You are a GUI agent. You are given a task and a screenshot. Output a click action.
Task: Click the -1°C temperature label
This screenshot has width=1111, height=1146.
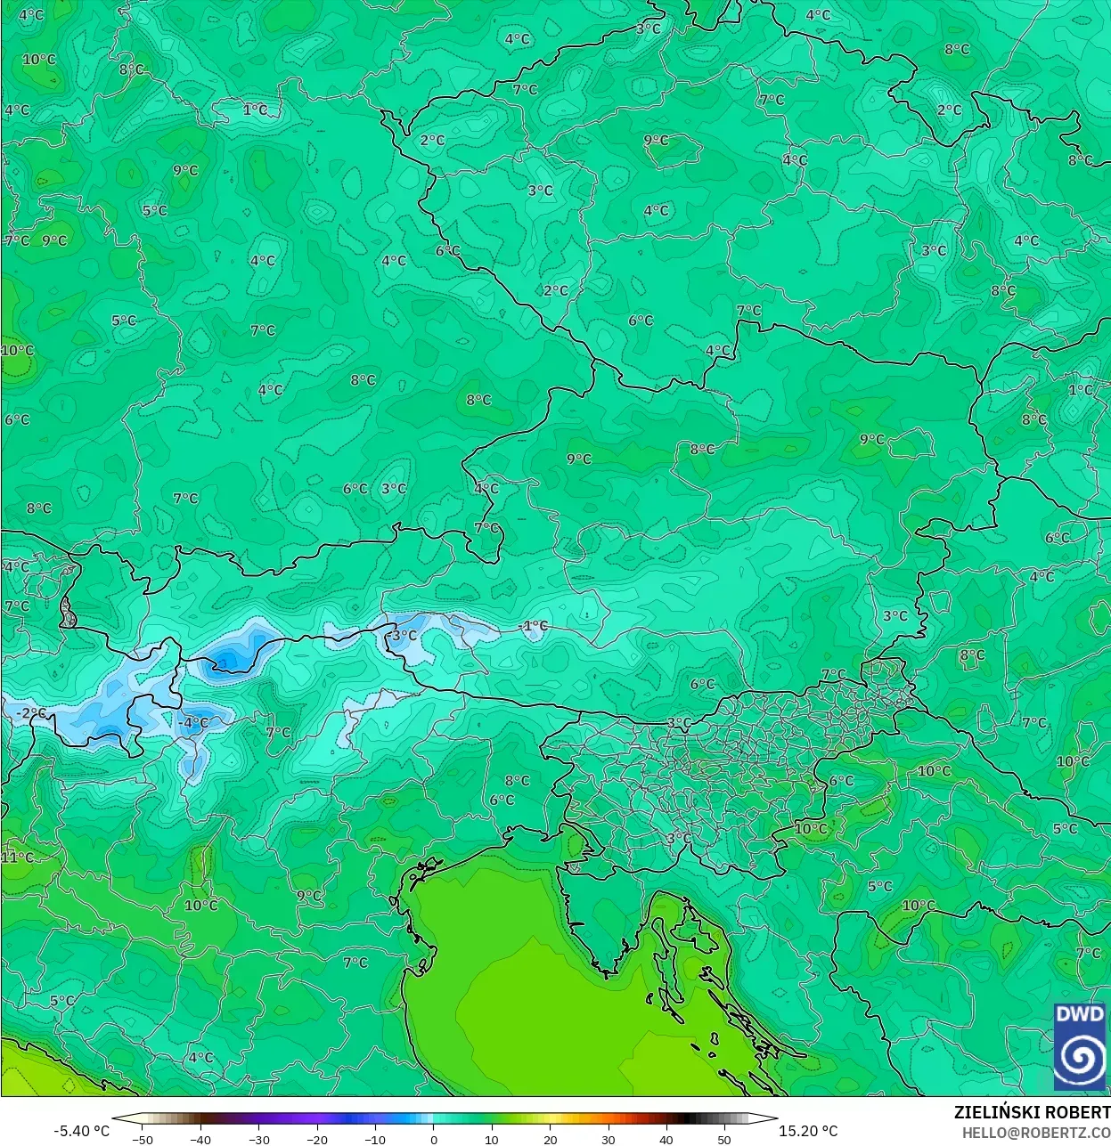click(535, 626)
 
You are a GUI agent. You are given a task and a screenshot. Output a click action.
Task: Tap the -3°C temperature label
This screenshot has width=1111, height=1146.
click(403, 636)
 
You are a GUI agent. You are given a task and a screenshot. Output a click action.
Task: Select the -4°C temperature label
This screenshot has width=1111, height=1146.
click(193, 723)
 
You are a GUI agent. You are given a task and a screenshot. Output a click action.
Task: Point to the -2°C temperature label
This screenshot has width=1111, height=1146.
click(30, 713)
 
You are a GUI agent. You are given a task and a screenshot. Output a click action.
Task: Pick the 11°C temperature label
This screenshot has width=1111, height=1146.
click(17, 857)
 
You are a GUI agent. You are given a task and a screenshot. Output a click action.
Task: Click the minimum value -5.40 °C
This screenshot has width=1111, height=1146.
click(82, 1131)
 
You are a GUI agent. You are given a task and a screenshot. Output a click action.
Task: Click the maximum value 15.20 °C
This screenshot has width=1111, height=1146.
click(808, 1131)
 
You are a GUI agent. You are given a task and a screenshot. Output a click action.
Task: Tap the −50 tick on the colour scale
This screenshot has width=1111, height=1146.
click(143, 1140)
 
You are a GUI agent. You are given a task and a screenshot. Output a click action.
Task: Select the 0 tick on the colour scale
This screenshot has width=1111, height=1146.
click(434, 1140)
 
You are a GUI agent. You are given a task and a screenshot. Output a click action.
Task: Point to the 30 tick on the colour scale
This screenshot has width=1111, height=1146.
click(609, 1140)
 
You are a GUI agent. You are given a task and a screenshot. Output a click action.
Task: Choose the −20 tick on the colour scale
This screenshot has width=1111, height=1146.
click(317, 1140)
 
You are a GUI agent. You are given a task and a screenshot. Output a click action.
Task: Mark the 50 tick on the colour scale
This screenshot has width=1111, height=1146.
click(724, 1140)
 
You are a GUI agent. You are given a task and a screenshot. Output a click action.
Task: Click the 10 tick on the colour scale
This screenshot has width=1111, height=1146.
click(492, 1140)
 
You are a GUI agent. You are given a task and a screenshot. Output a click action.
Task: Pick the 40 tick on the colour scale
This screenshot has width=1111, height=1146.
click(666, 1140)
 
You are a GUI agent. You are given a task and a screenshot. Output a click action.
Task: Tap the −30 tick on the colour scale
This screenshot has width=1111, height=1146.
click(259, 1140)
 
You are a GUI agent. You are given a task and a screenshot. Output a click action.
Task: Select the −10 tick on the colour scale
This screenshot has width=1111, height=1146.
click(375, 1140)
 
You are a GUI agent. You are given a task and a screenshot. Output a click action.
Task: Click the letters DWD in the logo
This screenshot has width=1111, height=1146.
click(1079, 1014)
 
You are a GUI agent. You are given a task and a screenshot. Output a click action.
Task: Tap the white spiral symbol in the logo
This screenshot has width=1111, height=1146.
click(1079, 1057)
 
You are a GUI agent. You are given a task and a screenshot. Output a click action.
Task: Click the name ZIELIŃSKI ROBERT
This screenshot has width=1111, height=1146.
click(1032, 1112)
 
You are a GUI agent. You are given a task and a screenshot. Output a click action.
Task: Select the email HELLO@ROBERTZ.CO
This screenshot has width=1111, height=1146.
click(1035, 1133)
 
